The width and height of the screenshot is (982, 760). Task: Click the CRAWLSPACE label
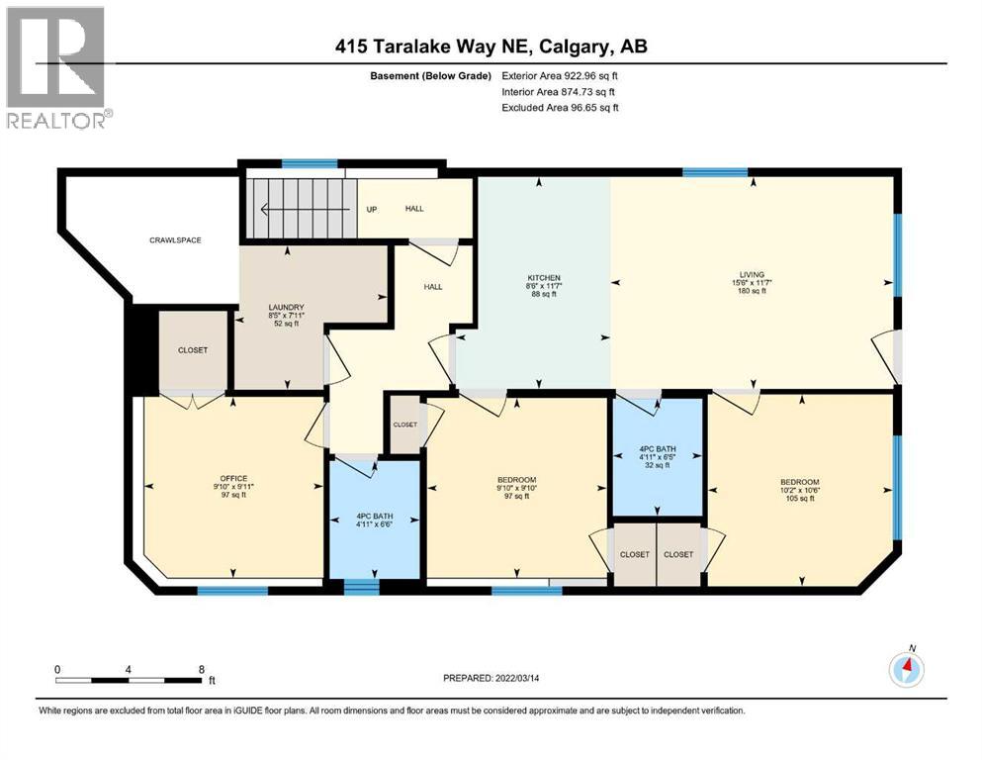(175, 240)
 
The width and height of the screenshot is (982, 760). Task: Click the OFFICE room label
(232, 486)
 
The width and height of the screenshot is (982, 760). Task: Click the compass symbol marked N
(906, 670)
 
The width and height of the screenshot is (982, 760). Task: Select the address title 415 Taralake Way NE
(491, 47)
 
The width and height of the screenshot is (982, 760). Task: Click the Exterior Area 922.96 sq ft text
(560, 75)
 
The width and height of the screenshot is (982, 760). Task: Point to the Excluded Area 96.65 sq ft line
(560, 107)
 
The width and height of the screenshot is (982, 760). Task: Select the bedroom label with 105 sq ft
(798, 492)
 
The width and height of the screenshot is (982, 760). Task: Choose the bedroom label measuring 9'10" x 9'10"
(515, 487)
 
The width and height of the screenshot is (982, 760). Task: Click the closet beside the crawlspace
(193, 350)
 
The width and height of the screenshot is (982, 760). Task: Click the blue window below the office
(232, 591)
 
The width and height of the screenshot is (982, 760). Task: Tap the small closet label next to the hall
(404, 425)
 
